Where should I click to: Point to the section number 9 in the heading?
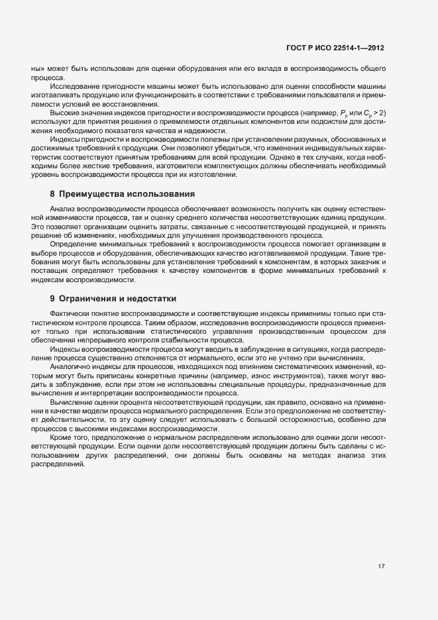[52, 299]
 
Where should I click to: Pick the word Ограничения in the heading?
[87, 299]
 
